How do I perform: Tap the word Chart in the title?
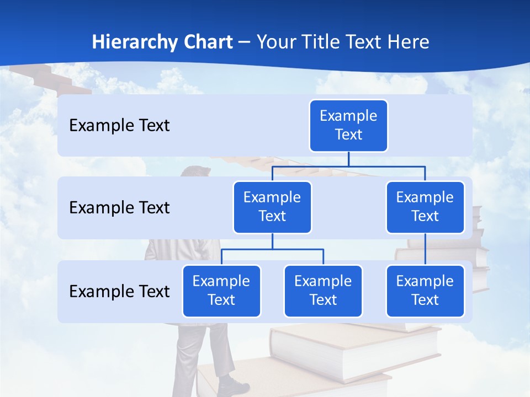tap(208, 42)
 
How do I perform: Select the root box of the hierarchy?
tap(348, 126)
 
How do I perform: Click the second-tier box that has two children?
tap(272, 207)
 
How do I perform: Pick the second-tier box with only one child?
tap(425, 207)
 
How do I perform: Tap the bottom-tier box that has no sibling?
tap(425, 291)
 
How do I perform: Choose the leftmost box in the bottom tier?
tap(221, 291)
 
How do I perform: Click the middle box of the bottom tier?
tap(323, 291)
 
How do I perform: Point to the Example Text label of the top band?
tap(119, 126)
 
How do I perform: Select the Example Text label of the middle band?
tap(119, 207)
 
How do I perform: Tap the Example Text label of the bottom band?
tap(119, 291)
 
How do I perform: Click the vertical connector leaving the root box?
tap(348, 159)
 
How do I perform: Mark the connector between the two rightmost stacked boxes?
tap(425, 249)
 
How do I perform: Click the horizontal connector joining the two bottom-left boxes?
tap(272, 249)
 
